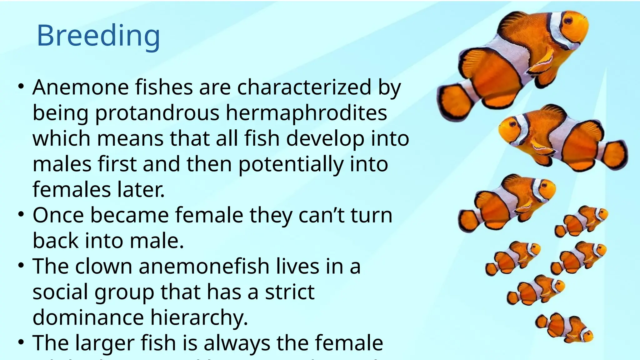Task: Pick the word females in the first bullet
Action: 72,190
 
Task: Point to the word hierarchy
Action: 199,318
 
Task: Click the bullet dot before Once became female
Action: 21,215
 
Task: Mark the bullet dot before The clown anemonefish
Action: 21,266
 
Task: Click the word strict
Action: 290,292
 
